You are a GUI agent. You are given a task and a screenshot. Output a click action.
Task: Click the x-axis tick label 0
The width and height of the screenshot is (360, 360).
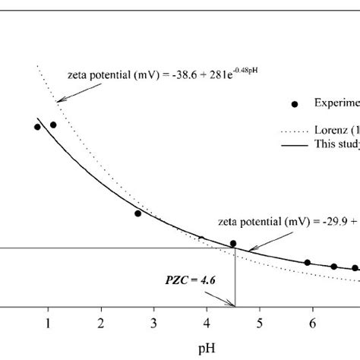[2, 323]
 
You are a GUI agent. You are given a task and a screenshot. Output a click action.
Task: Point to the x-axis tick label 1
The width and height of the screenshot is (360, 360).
[48, 323]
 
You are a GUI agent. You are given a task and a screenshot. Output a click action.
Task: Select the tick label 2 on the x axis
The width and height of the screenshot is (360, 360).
[101, 323]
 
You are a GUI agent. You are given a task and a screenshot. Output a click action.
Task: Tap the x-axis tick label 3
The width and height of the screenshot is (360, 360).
[153, 323]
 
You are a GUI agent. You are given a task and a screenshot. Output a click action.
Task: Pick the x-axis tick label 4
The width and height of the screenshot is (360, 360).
[207, 323]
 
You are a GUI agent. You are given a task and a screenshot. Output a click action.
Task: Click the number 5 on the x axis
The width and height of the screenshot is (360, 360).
[260, 323]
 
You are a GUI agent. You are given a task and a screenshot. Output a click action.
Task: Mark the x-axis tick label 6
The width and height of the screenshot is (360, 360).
[312, 323]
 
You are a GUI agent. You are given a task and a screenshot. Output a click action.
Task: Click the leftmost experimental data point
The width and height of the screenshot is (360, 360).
[37, 127]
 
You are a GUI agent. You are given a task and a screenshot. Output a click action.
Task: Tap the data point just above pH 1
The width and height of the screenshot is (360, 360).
[53, 125]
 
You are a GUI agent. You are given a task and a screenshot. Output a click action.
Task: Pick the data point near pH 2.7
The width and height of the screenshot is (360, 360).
[137, 213]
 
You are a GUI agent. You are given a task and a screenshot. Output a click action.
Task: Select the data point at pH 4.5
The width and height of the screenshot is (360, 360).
[233, 244]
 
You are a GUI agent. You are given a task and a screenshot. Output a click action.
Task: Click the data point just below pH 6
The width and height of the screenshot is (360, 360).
[308, 263]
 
